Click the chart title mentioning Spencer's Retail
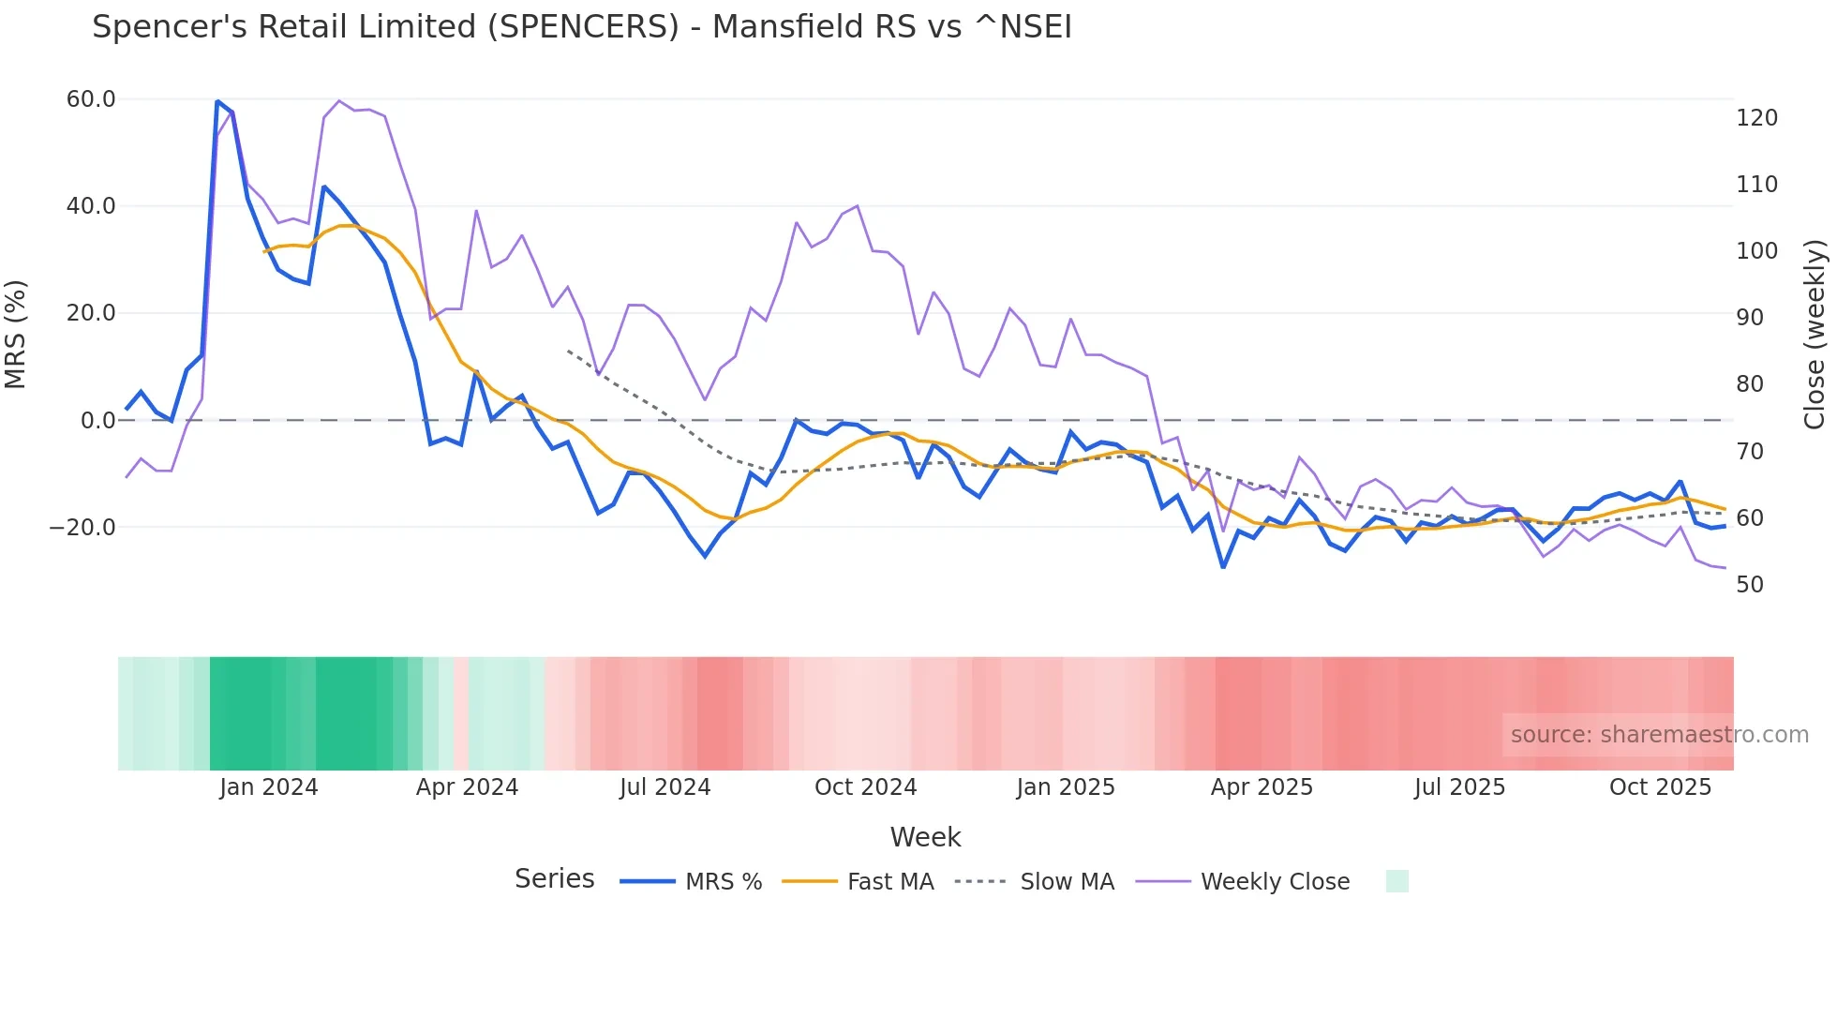(581, 27)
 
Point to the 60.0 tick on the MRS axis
(91, 99)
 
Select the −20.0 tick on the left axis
(82, 528)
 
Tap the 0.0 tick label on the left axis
(98, 421)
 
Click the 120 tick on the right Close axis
(1756, 118)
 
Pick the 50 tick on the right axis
(1750, 585)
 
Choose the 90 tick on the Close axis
(1750, 318)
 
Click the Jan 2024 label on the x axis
(269, 787)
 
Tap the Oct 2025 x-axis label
(1660, 787)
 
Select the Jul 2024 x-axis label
(665, 787)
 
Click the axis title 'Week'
(925, 837)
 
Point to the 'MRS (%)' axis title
(16, 335)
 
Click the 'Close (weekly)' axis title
(1815, 335)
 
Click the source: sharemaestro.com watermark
(1659, 735)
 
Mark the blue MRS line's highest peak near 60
(217, 101)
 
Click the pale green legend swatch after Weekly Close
(1396, 881)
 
